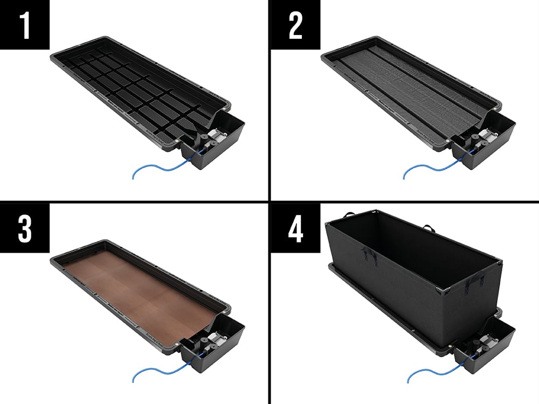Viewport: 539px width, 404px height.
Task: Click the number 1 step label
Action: pos(25,25)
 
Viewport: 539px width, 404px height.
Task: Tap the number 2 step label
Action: pos(295,25)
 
